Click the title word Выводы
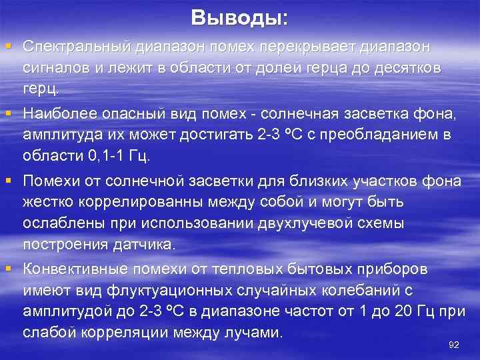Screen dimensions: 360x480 (238, 18)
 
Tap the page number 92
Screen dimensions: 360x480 (455, 344)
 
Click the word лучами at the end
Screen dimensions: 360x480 (249, 331)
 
